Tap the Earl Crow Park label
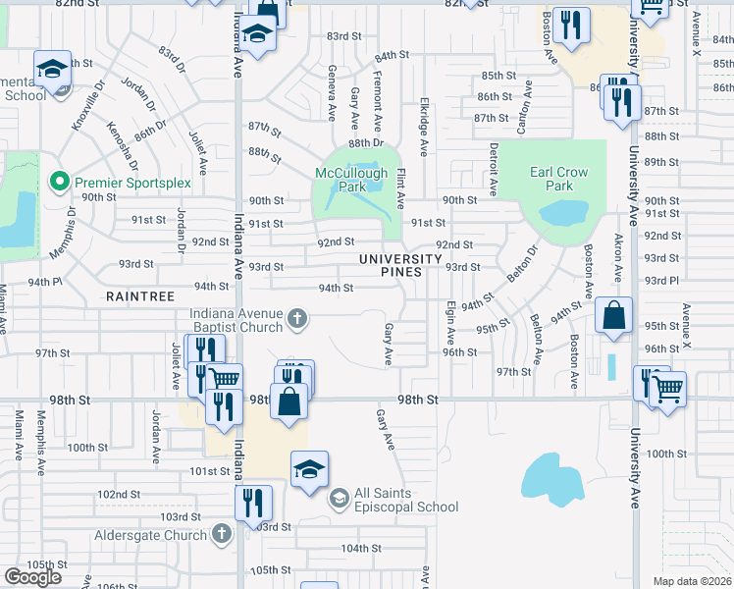558,179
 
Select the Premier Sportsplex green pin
58,182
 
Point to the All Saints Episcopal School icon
339,499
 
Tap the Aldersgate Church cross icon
222,534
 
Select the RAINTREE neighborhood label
140,294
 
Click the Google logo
32,576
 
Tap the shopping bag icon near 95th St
613,316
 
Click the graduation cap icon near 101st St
309,467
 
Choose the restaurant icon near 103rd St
253,503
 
